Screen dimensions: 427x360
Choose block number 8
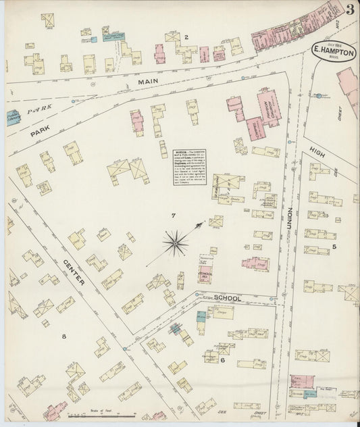click(x=65, y=336)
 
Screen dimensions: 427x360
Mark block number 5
click(x=334, y=247)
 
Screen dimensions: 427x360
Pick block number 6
click(x=222, y=360)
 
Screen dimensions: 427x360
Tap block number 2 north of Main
click(x=186, y=36)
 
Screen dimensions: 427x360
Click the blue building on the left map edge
click(x=13, y=118)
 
